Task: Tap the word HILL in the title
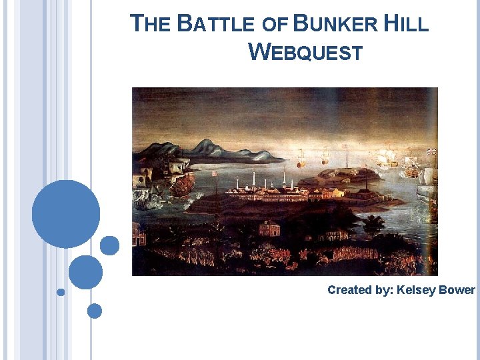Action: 406,25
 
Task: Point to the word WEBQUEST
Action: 305,51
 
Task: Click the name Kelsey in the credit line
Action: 417,290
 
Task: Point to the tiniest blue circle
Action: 61,292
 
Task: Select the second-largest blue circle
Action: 85,272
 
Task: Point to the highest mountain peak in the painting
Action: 207,143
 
